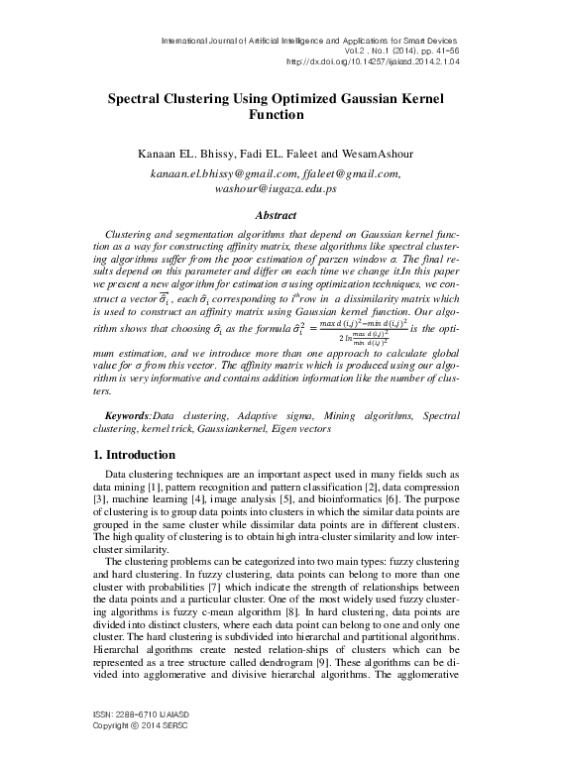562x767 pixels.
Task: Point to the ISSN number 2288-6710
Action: click(x=124, y=739)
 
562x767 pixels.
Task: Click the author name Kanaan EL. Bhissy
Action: click(x=183, y=155)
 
